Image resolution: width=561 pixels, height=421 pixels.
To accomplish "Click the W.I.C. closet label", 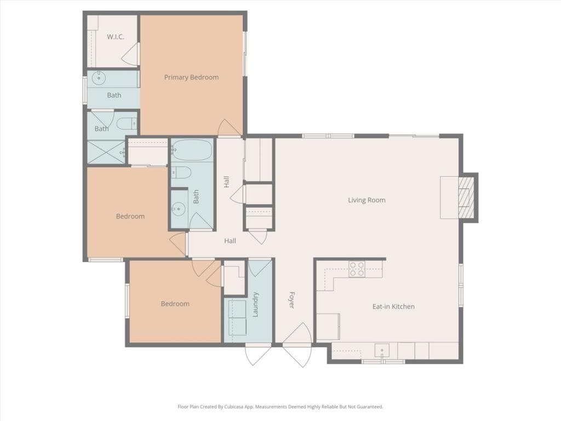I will [116, 37].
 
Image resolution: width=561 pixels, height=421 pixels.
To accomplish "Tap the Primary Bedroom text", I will [191, 77].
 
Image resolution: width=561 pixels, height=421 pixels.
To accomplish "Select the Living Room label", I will [367, 200].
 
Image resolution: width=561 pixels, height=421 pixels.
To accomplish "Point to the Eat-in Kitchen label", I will [393, 306].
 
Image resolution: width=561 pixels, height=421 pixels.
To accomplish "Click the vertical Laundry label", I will [255, 304].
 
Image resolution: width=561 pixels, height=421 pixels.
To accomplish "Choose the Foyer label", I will [291, 299].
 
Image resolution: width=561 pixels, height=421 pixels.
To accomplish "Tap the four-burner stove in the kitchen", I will [357, 267].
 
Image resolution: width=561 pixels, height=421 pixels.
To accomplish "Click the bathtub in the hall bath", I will [192, 150].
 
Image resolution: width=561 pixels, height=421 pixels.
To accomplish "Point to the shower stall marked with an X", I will [107, 152].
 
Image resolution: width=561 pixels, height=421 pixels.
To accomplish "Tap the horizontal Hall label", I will [230, 241].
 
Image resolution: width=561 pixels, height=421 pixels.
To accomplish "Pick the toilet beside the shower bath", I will [125, 123].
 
